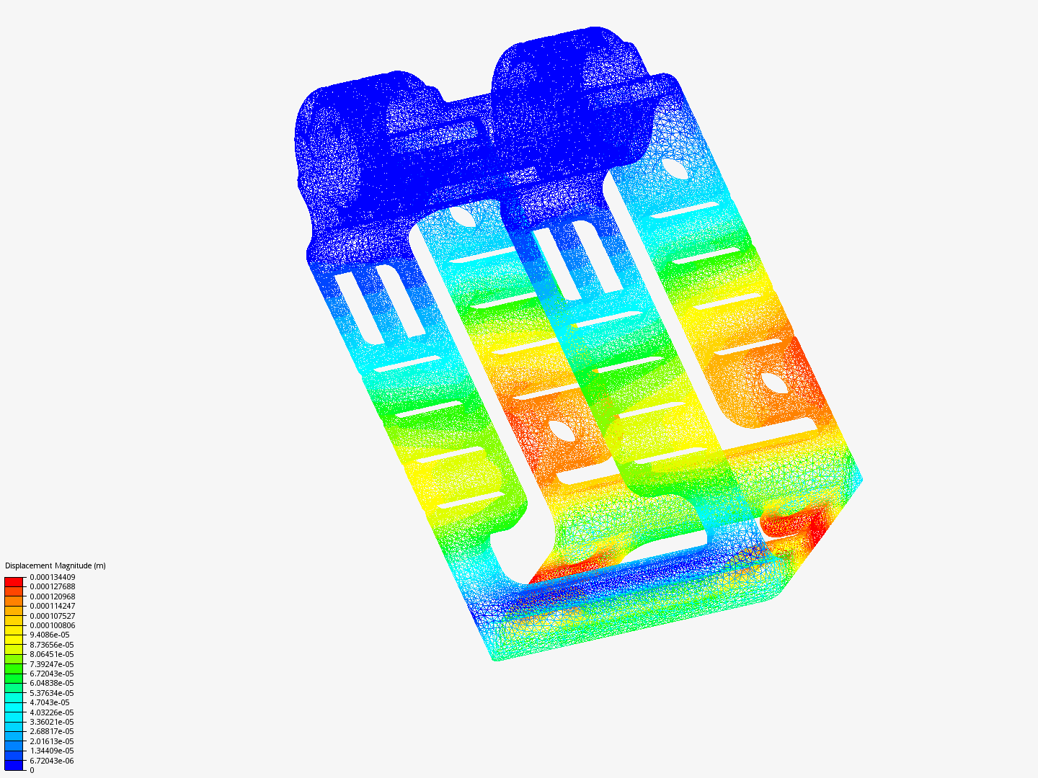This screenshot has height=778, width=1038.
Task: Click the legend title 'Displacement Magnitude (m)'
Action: tap(56, 565)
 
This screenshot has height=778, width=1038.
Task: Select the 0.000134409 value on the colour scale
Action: tap(53, 577)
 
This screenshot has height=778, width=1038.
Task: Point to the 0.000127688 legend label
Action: tap(53, 586)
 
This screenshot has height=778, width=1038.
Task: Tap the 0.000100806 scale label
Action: tap(53, 625)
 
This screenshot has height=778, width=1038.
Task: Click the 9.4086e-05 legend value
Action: tap(50, 635)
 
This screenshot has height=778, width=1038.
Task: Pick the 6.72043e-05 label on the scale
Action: tap(52, 674)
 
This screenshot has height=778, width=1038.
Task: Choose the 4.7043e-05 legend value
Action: tap(50, 702)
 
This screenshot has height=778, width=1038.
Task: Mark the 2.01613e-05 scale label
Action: tap(52, 741)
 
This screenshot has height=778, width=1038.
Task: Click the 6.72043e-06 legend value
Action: tap(52, 761)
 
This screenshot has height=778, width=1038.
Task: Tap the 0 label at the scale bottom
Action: tap(32, 770)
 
